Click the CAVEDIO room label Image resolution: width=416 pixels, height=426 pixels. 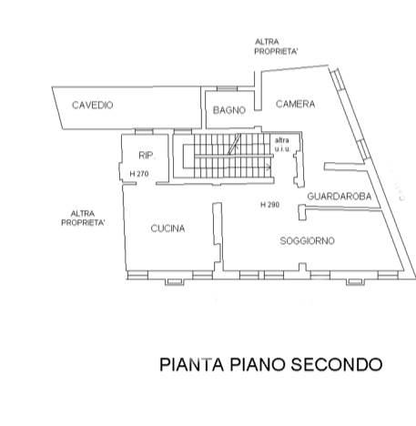tap(93, 105)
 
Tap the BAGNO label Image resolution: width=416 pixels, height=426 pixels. tap(229, 110)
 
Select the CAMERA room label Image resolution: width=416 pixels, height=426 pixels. tap(295, 104)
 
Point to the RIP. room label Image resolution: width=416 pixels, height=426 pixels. tap(146, 156)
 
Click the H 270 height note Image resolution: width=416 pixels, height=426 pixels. tap(139, 174)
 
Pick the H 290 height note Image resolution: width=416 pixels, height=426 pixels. tap(269, 205)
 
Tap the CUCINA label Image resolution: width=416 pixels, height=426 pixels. tap(167, 228)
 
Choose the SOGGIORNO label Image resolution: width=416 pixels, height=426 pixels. tap(307, 241)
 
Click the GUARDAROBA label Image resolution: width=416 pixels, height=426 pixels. tap(340, 197)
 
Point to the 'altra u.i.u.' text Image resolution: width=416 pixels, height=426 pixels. tap(282, 145)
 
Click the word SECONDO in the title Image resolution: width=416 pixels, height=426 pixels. tap(337, 364)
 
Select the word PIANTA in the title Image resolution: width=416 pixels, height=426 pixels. tap(192, 364)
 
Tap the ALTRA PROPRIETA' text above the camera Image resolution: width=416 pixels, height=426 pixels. tap(276, 46)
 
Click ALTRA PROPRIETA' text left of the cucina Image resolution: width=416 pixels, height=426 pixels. tap(83, 218)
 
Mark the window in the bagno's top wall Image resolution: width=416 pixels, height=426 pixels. tap(227, 88)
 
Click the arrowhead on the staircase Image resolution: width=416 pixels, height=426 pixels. tap(269, 167)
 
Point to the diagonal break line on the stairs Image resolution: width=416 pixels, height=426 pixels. tap(235, 144)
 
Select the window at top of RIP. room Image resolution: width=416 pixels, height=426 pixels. tap(144, 131)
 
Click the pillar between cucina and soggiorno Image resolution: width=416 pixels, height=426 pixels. tap(218, 237)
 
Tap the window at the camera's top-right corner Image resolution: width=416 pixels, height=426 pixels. tap(337, 79)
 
